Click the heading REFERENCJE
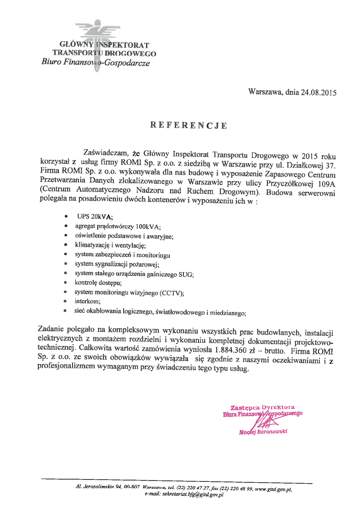coord(188,125)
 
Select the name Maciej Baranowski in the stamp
coord(263,432)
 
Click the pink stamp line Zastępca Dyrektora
coord(262,407)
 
